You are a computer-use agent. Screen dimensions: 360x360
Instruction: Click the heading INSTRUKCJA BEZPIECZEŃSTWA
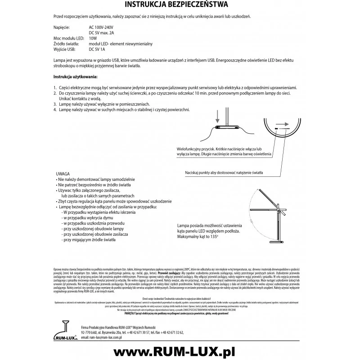pyautogui.click(x=180, y=5)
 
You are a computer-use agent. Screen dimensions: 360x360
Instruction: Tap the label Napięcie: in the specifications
pyautogui.click(x=61, y=27)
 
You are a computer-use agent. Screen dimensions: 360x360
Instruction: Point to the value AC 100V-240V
pyautogui.click(x=104, y=27)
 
